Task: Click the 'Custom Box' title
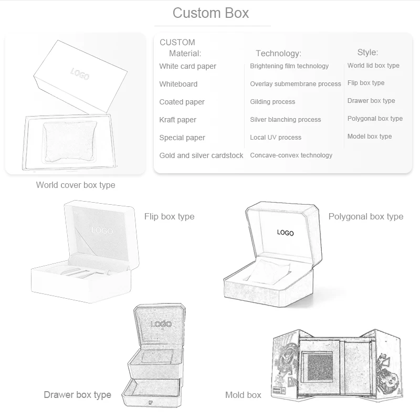click(x=211, y=13)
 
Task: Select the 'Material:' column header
click(x=185, y=53)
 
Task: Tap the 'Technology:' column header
click(x=278, y=53)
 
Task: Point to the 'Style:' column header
click(x=367, y=52)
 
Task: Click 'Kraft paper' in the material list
click(x=177, y=120)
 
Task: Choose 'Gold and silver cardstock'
click(x=201, y=155)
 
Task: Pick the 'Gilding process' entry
click(x=272, y=102)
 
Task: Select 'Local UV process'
click(x=276, y=138)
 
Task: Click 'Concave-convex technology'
click(x=291, y=155)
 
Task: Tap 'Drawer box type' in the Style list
click(x=371, y=101)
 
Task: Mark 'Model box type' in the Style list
click(x=370, y=136)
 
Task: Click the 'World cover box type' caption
click(x=76, y=185)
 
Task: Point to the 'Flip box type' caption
click(x=169, y=216)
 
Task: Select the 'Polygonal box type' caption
click(x=366, y=216)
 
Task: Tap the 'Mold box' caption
click(x=243, y=395)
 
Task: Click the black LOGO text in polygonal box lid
click(x=286, y=233)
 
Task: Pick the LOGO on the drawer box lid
click(x=161, y=324)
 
